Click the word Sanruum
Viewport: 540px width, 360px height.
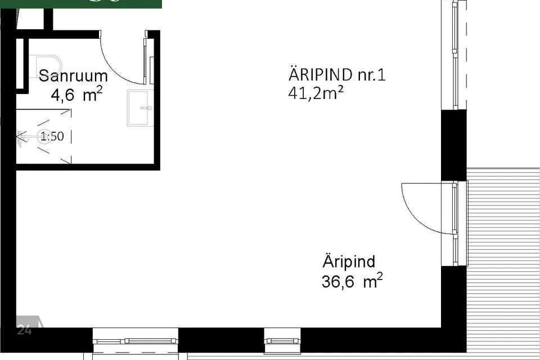pos(73,75)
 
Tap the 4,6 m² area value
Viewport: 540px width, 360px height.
pos(76,95)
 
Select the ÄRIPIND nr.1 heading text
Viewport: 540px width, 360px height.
pos(337,75)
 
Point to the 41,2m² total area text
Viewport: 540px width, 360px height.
pos(316,93)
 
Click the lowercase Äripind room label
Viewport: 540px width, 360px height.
pos(349,262)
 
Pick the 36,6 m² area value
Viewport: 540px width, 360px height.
pos(352,281)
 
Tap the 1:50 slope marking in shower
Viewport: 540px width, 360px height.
pos(52,136)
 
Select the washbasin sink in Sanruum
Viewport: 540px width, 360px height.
pos(139,107)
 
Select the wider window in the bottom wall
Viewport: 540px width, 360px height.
pos(135,341)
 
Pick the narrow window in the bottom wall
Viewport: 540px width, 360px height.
pos(282,341)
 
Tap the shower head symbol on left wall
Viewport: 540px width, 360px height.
pos(21,136)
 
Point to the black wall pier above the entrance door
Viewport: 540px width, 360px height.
pos(453,145)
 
